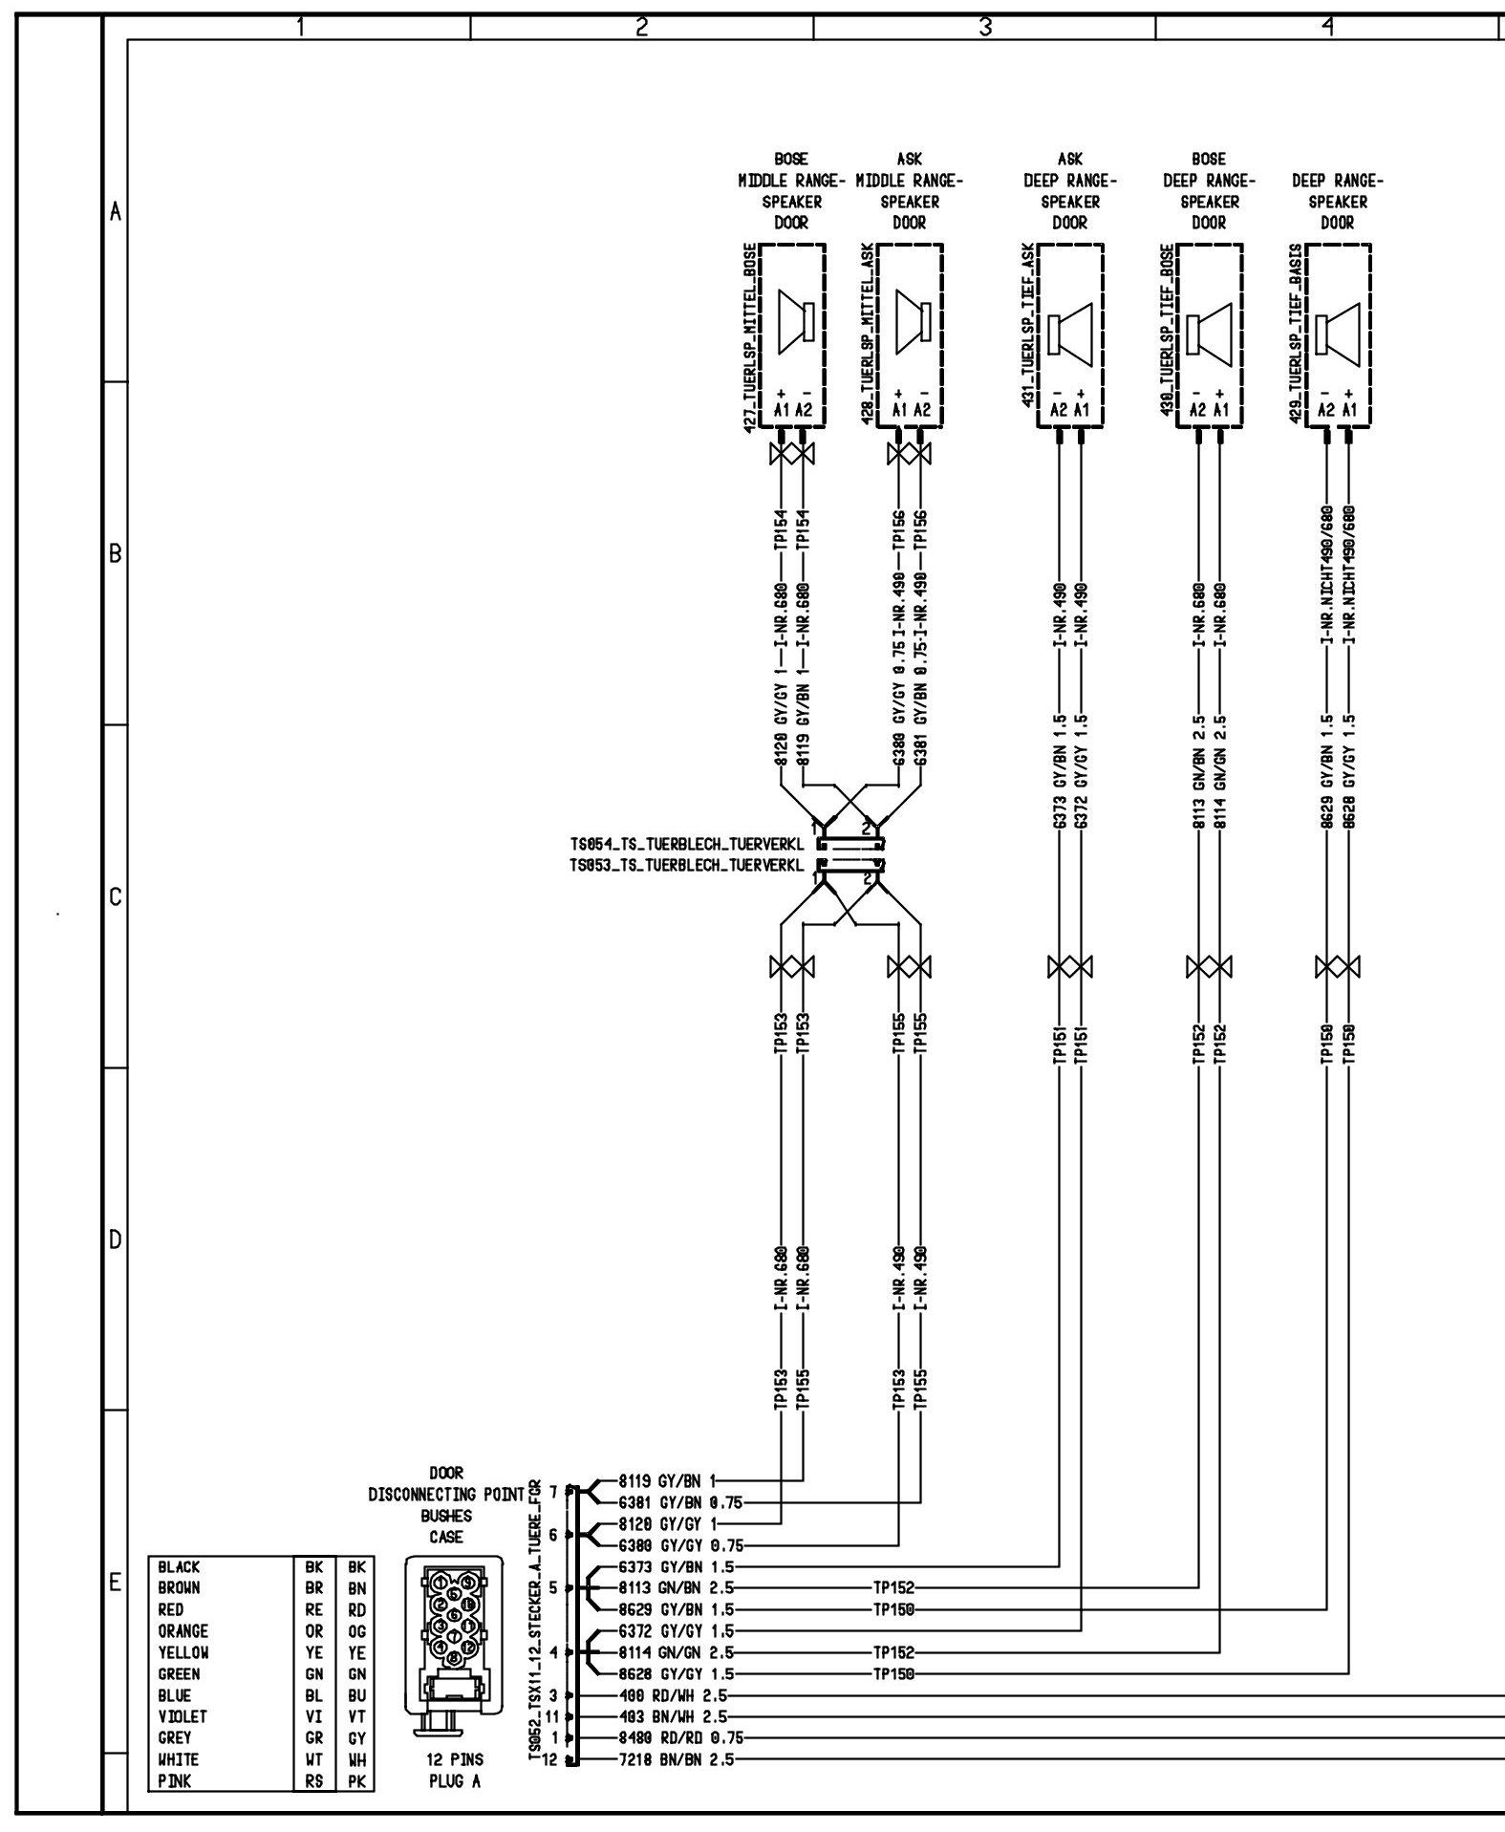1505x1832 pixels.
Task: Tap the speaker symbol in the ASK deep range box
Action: click(x=1069, y=334)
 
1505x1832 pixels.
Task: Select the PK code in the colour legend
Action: click(x=356, y=1780)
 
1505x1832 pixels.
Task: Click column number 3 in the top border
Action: click(x=984, y=28)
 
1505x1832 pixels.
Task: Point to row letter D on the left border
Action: click(x=115, y=1241)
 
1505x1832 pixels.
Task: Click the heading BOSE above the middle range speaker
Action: click(x=791, y=159)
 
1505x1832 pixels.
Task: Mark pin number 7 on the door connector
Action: click(x=552, y=1490)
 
